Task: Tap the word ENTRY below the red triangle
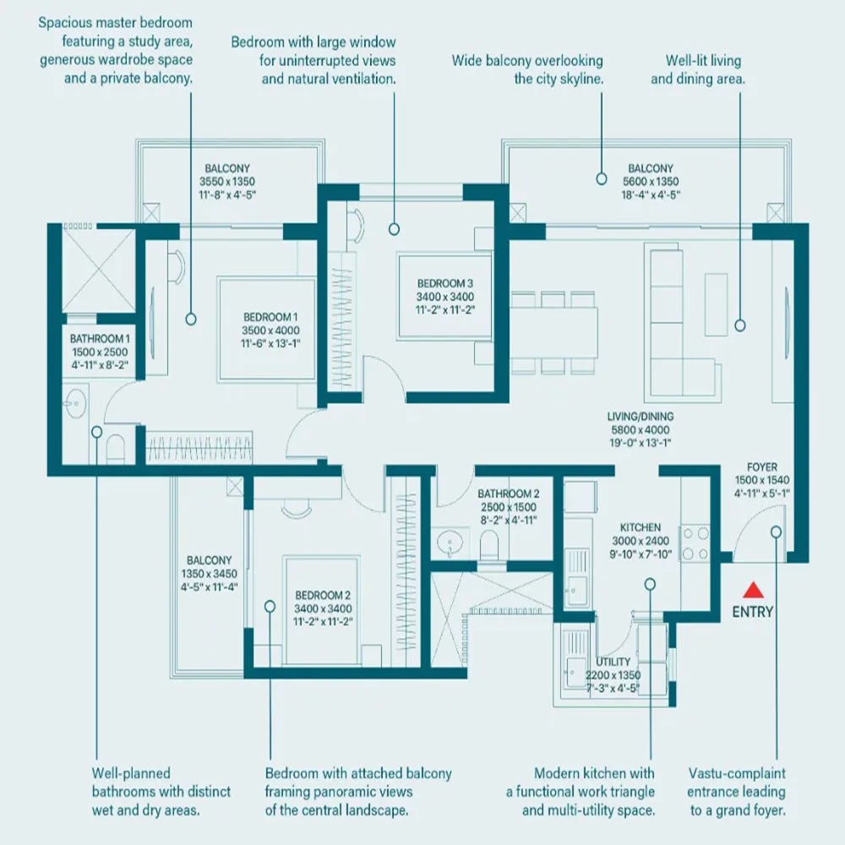click(x=752, y=612)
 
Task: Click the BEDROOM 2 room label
click(x=323, y=596)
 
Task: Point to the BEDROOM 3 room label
click(x=444, y=284)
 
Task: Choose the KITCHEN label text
click(x=639, y=527)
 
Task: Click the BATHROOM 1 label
click(x=100, y=339)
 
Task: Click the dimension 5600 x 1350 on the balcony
click(x=650, y=182)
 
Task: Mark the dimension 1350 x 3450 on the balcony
click(x=209, y=574)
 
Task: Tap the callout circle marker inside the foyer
click(x=776, y=531)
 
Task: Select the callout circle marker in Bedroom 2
click(x=270, y=605)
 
